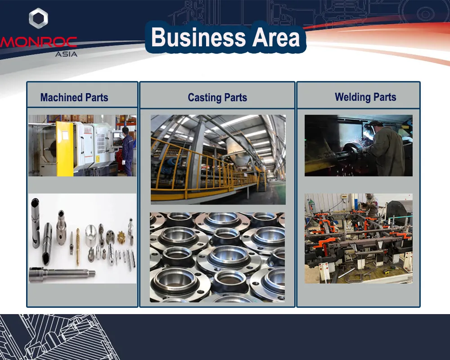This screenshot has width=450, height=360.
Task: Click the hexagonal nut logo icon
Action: pos(38,18)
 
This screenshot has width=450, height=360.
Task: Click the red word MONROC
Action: pos(38,42)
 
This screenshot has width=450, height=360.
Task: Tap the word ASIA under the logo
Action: pos(66,54)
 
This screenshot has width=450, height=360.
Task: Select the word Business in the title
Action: pos(198,37)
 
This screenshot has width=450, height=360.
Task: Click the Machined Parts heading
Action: pos(74,98)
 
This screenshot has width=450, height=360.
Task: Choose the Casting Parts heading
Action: pos(217,98)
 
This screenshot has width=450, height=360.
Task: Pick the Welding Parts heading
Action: pos(365,97)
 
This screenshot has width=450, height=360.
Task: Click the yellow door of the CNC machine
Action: pos(64,148)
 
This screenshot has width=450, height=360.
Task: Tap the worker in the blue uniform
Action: pos(127,151)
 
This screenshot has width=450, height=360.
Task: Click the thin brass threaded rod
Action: pos(77,247)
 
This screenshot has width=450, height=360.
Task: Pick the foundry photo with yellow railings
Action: pos(218,160)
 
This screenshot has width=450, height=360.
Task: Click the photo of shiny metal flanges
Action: pos(217,257)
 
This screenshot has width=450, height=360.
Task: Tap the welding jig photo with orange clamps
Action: pos(359,238)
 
